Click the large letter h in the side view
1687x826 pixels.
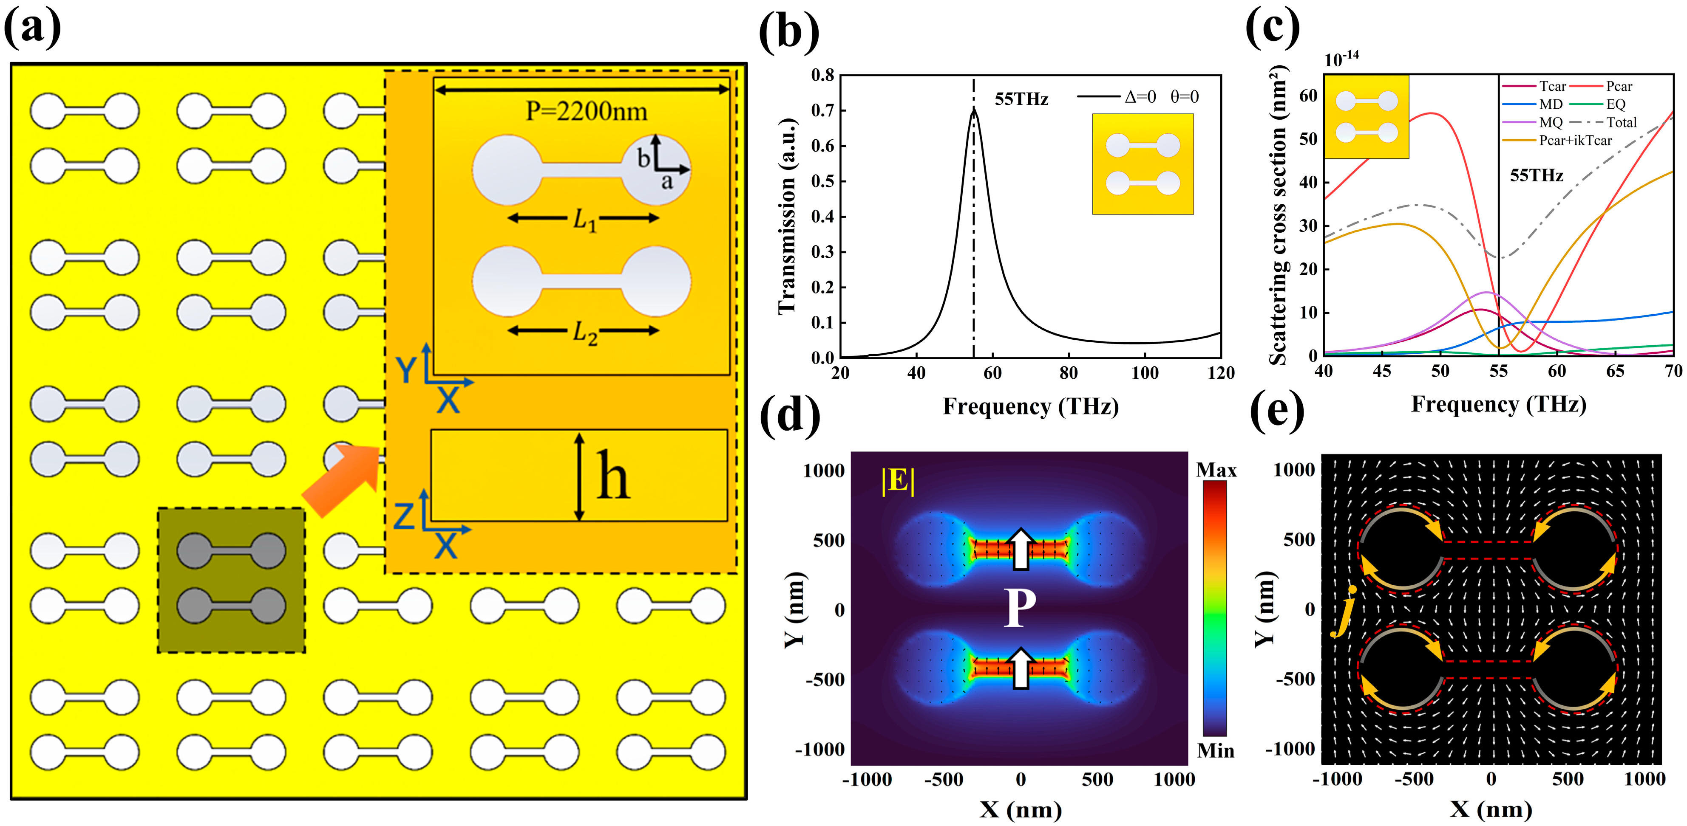point(613,476)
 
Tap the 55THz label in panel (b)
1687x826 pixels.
point(1021,99)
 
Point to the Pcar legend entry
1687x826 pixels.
point(1619,86)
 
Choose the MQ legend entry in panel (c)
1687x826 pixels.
point(1551,122)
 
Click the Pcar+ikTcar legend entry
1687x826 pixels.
point(1575,140)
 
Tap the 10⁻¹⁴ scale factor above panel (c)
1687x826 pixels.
point(1341,59)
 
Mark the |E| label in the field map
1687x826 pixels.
point(898,481)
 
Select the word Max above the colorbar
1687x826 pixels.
point(1216,470)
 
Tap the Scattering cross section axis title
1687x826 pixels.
point(1277,216)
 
